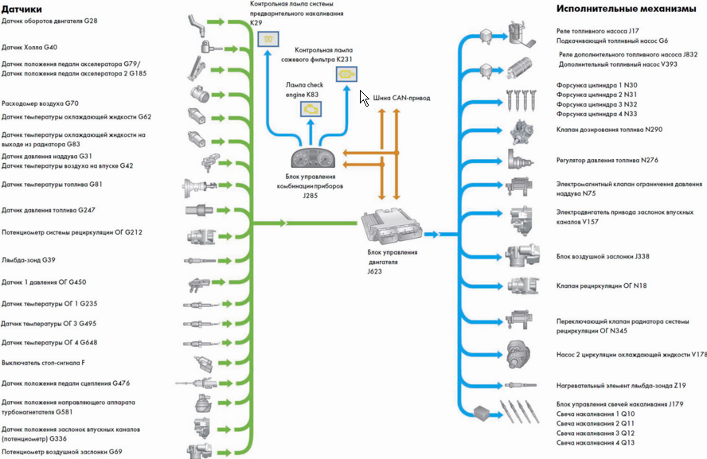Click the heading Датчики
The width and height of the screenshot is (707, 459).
(x=21, y=9)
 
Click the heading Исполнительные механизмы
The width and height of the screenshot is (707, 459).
(x=626, y=9)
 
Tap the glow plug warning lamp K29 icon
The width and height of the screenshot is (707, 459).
(x=268, y=39)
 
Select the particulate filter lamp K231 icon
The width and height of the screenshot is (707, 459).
(x=346, y=74)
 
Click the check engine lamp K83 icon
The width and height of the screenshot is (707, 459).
(x=311, y=109)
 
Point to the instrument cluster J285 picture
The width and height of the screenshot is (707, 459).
(x=313, y=158)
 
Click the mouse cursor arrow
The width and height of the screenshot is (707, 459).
(x=364, y=98)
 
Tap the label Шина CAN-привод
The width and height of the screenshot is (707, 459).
(x=401, y=98)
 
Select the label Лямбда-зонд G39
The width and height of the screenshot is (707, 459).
(x=29, y=260)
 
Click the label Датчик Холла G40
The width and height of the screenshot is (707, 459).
(x=29, y=47)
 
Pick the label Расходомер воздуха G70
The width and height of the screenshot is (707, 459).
(x=40, y=103)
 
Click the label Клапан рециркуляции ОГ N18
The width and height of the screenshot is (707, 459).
(x=601, y=286)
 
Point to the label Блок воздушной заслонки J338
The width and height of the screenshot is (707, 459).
(x=603, y=256)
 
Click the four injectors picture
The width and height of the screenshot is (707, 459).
(x=521, y=100)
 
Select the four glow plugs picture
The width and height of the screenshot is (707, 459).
(x=519, y=412)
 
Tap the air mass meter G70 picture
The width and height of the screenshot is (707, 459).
(x=199, y=94)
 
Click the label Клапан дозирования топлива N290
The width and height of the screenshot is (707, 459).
(x=609, y=130)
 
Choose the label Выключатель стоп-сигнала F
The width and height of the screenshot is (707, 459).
(x=43, y=363)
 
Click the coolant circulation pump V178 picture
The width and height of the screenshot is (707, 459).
(x=518, y=355)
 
